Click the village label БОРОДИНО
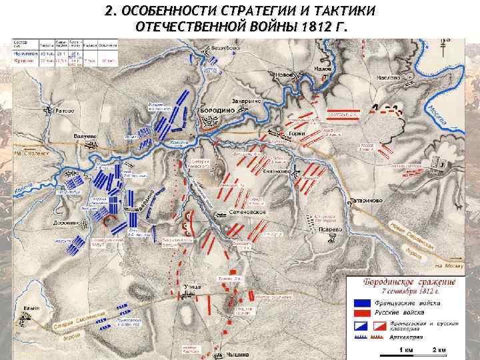[213, 110]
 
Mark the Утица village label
[190, 285]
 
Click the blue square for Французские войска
[361, 301]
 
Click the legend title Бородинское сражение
[409, 281]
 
